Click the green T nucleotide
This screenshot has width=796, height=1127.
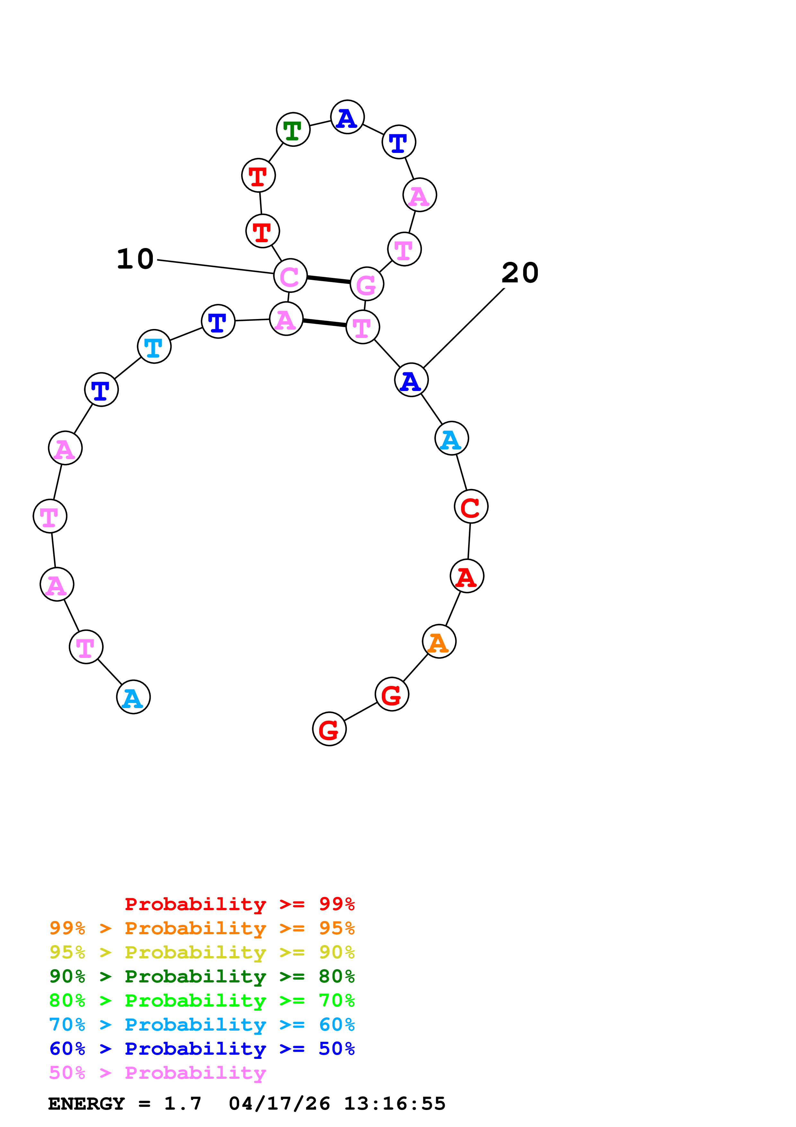(293, 129)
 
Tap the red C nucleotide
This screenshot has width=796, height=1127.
(471, 507)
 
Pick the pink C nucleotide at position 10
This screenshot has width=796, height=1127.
(290, 276)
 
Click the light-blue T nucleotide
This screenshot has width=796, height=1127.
(154, 347)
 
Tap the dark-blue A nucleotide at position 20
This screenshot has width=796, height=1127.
(411, 380)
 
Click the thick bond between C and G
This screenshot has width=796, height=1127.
(328, 280)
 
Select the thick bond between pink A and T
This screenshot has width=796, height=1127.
(324, 323)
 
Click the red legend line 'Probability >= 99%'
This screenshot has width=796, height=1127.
(239, 904)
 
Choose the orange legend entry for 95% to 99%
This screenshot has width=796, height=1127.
(202, 928)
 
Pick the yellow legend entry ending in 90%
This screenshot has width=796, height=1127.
(202, 952)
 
